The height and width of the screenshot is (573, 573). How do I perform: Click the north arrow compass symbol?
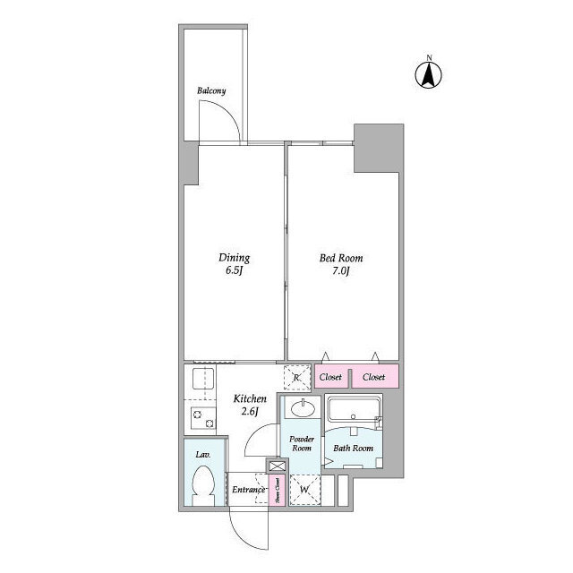point(429,73)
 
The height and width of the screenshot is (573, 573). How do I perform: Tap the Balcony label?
point(212,90)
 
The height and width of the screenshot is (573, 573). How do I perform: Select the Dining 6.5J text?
point(235,265)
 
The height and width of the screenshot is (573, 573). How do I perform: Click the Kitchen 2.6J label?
point(249,404)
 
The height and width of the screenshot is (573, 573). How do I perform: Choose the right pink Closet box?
point(374,377)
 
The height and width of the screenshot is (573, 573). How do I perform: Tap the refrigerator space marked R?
point(296,378)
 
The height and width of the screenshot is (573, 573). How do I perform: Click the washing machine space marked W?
point(304,489)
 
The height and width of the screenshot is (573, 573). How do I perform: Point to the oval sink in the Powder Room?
point(302,410)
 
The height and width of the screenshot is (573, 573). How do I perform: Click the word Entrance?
point(248,490)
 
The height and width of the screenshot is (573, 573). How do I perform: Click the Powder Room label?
point(301,442)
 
